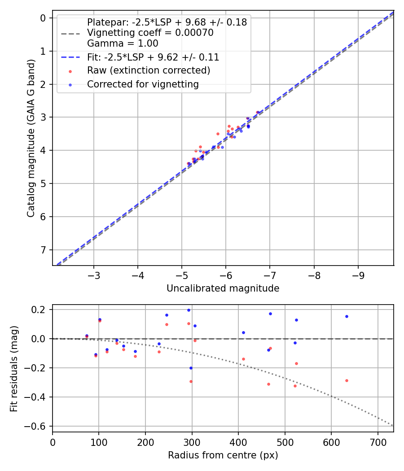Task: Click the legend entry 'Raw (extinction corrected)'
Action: coord(149,70)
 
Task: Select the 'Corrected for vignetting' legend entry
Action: coord(143,84)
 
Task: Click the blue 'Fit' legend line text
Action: coord(153,57)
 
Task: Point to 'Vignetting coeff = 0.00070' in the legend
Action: coord(150,33)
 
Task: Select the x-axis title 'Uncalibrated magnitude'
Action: coord(223,288)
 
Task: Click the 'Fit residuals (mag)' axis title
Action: coord(14,368)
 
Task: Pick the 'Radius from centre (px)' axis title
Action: coord(223,455)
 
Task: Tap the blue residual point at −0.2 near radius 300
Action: coord(191,368)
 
